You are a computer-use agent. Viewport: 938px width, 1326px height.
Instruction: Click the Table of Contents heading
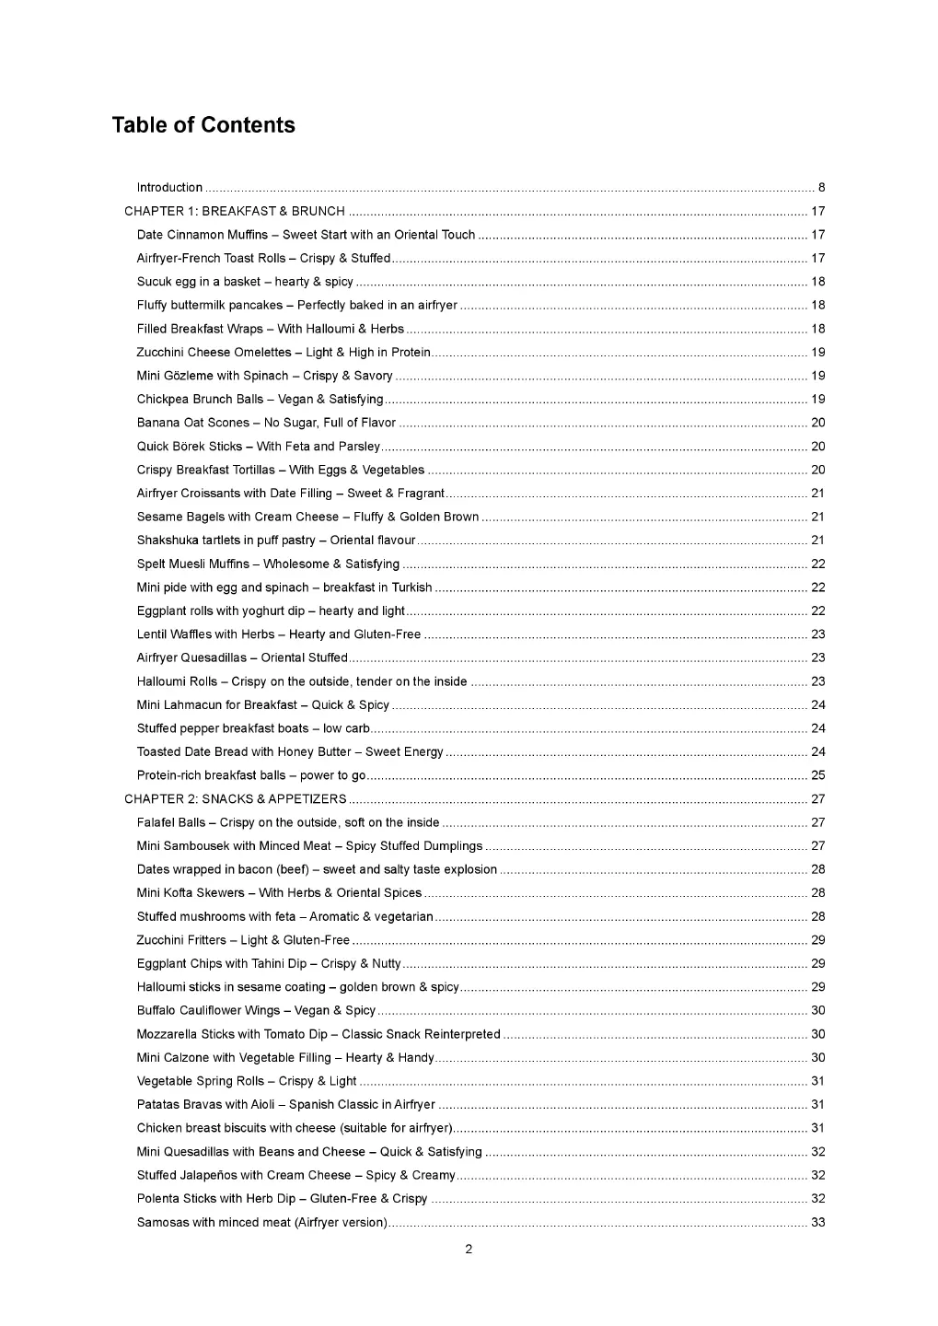tap(203, 125)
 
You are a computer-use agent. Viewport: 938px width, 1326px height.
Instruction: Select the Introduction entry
tap(169, 188)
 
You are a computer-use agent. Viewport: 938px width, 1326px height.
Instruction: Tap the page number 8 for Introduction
tap(821, 188)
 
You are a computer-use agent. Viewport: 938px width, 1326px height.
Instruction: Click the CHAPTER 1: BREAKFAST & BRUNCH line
tap(235, 212)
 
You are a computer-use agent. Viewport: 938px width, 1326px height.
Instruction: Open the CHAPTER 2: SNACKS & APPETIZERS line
tap(236, 799)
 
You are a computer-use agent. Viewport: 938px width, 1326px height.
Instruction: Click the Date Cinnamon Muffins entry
tap(306, 235)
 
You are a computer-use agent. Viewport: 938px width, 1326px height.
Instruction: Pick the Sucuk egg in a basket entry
tap(245, 282)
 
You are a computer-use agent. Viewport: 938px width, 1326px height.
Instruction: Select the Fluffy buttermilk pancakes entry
tap(296, 306)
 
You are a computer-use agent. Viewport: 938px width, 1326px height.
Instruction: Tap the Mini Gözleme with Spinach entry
tap(264, 376)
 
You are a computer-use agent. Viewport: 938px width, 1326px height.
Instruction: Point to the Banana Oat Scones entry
tap(266, 423)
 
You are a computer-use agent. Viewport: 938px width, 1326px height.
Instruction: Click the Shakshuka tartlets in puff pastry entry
tap(276, 541)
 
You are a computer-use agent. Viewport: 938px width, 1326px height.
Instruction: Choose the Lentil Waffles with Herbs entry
tap(278, 634)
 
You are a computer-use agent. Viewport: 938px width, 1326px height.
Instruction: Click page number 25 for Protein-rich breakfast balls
tap(817, 775)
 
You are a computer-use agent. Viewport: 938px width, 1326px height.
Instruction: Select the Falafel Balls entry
tap(288, 822)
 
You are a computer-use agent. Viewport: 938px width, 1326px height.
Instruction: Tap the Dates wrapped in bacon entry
tap(317, 869)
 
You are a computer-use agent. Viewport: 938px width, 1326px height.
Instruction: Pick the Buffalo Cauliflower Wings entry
tap(256, 1010)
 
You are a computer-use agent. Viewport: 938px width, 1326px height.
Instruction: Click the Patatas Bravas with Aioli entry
tap(285, 1104)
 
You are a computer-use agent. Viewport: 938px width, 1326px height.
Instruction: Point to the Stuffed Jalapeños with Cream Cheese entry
tap(295, 1175)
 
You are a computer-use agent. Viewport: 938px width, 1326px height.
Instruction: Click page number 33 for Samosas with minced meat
tap(817, 1223)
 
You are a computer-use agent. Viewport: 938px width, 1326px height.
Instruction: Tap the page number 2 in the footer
tap(469, 1250)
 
